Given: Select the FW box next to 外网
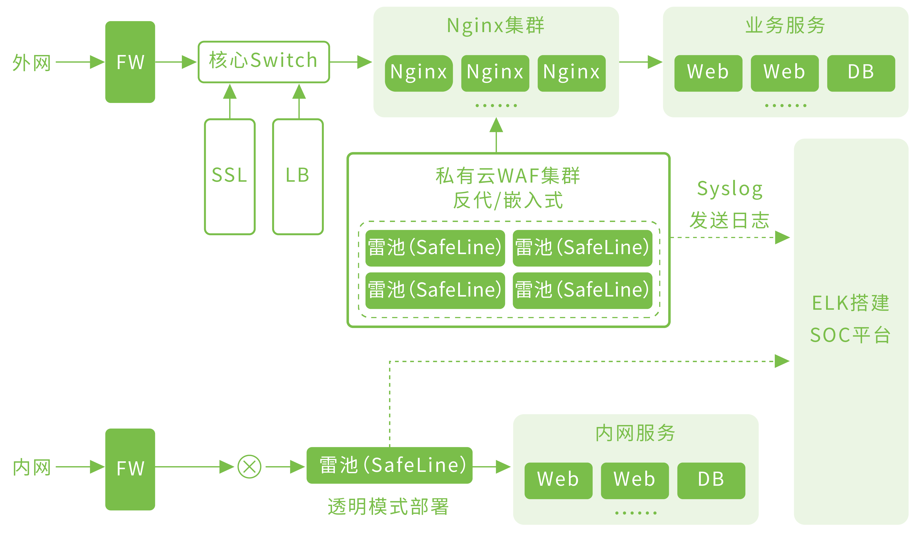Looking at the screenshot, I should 130,62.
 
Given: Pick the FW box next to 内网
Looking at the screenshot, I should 130,469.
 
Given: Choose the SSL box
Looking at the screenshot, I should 230,176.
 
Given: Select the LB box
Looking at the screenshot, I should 298,176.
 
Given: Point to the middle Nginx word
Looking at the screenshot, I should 495,72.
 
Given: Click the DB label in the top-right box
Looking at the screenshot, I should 861,72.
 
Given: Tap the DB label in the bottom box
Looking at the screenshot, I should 711,479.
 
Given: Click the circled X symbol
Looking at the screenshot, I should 249,467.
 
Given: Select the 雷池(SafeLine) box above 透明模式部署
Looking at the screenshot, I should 389,465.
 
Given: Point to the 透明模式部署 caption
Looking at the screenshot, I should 388,506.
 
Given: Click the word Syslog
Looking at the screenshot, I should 730,189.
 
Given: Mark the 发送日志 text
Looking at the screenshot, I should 730,221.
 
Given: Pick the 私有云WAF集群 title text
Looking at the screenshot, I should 508,176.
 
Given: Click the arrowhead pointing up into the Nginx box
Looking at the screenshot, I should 496,125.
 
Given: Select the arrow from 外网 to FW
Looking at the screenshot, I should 80,62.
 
